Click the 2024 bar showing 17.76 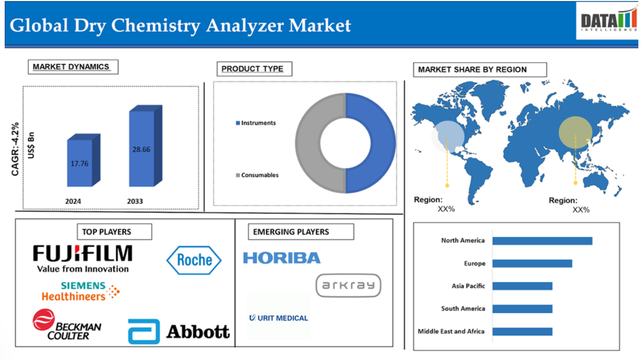click(83, 161)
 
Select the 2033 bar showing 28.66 click(146, 146)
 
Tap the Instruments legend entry click(256, 123)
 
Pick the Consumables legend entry click(257, 175)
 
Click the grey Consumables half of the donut click(308, 143)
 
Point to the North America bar click(542, 241)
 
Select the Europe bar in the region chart click(532, 263)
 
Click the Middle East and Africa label click(451, 331)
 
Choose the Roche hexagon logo click(194, 260)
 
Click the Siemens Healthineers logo click(81, 291)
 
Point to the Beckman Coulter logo click(67, 325)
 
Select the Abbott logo click(179, 331)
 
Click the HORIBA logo click(282, 258)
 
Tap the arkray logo click(348, 285)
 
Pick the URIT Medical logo click(278, 318)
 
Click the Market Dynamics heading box click(73, 67)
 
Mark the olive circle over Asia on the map click(575, 133)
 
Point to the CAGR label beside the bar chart click(15, 149)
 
